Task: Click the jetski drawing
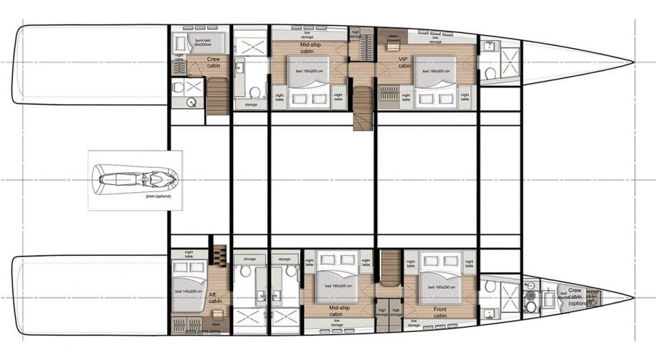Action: point(136,178)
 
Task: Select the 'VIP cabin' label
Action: point(404,62)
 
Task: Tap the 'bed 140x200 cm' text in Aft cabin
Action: point(186,292)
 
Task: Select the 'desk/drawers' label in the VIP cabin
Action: point(392,37)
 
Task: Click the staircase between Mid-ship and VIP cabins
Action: point(363,108)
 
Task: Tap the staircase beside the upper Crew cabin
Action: point(218,94)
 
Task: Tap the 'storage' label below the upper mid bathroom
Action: point(250,105)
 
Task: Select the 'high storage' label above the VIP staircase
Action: point(356,33)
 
